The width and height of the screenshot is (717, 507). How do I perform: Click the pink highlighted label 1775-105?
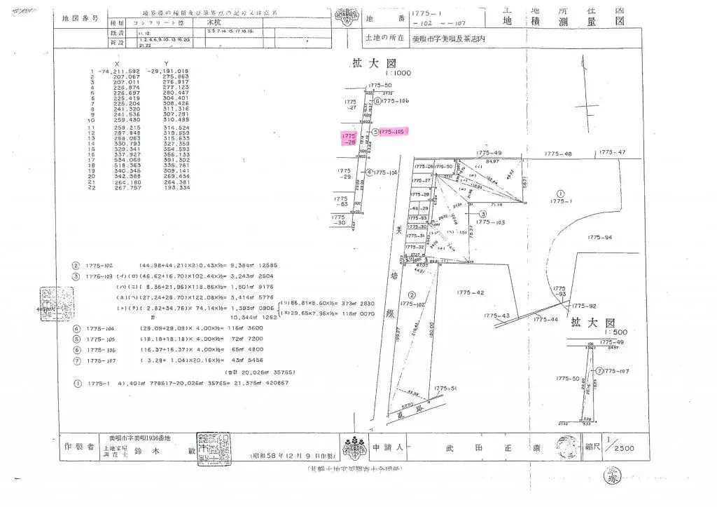pyautogui.click(x=392, y=131)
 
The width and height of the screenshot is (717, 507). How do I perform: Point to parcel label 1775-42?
pyautogui.click(x=470, y=292)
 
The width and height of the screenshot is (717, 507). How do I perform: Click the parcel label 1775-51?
pyautogui.click(x=445, y=388)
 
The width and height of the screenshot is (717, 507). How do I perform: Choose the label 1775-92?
pyautogui.click(x=583, y=306)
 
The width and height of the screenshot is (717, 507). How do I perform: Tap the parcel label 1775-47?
pyautogui.click(x=612, y=152)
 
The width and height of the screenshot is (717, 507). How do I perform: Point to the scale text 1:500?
pyautogui.click(x=595, y=332)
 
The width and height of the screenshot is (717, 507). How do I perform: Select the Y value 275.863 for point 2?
pyautogui.click(x=176, y=76)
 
